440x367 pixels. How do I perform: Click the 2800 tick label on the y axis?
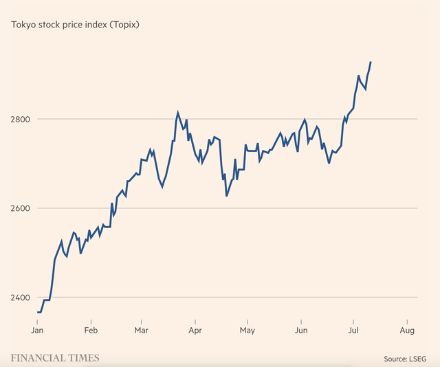pos(20,119)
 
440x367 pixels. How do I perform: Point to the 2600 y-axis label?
pos(20,208)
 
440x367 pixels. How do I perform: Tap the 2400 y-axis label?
pos(20,298)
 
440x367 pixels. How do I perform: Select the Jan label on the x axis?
pos(38,331)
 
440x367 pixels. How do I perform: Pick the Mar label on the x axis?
pos(142,331)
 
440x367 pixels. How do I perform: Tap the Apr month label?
pos(195,331)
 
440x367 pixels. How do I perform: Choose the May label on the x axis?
pos(247,331)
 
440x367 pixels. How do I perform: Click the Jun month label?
pos(300,331)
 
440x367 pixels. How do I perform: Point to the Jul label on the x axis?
pos(353,331)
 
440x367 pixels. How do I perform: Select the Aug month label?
pos(406,331)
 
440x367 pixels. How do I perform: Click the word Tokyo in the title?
pos(23,25)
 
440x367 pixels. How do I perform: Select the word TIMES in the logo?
pos(82,358)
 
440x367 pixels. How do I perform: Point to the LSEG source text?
pos(418,359)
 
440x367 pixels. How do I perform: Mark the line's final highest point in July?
pos(371,62)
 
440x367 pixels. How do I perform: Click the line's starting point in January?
pos(38,313)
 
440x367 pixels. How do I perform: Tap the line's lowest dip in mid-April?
pos(226,196)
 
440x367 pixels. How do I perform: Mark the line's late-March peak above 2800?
pos(177,112)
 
